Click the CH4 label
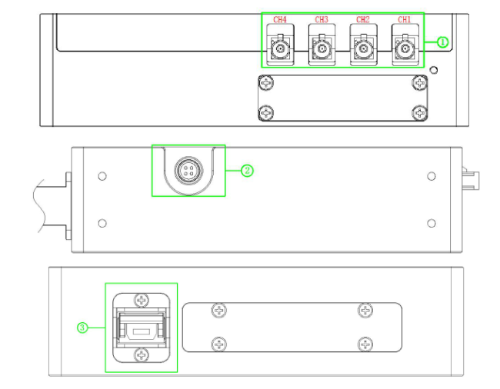pyautogui.click(x=280, y=19)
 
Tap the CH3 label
pyautogui.click(x=322, y=19)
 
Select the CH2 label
pyautogui.click(x=363, y=19)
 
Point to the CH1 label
pyautogui.click(x=404, y=19)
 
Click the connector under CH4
pyautogui.click(x=280, y=52)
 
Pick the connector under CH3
pyautogui.click(x=322, y=52)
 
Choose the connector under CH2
pyautogui.click(x=363, y=52)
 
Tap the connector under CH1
pyautogui.click(x=404, y=52)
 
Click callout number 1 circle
pyautogui.click(x=443, y=42)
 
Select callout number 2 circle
pyautogui.click(x=247, y=171)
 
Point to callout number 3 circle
pyautogui.click(x=82, y=327)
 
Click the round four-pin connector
pyautogui.click(x=188, y=171)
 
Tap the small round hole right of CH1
pyautogui.click(x=435, y=71)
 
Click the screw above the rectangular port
pyautogui.click(x=142, y=301)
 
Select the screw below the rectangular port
pyautogui.click(x=142, y=354)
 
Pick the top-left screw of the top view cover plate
pyautogui.click(x=266, y=83)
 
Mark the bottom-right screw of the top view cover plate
pyautogui.click(x=418, y=113)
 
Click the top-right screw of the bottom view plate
pyautogui.click(x=364, y=310)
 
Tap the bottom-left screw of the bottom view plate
pyautogui.click(x=220, y=344)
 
